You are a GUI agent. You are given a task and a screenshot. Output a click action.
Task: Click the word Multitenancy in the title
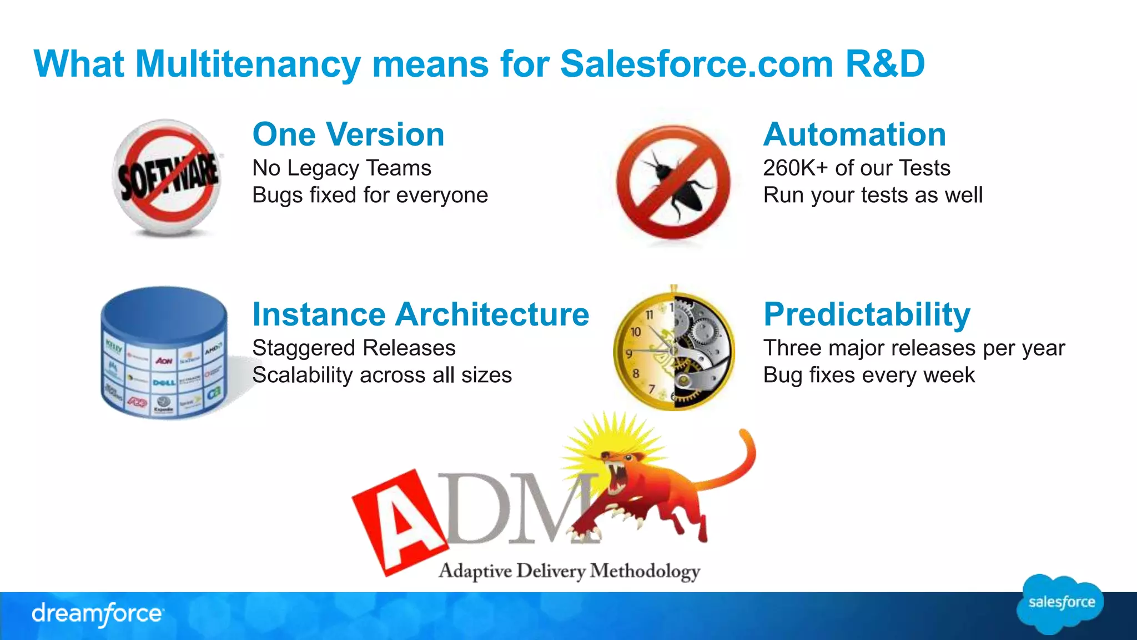pyautogui.click(x=248, y=64)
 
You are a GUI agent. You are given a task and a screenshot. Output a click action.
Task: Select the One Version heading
pyautogui.click(x=348, y=134)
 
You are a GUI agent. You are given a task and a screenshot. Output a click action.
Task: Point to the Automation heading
pyautogui.click(x=854, y=134)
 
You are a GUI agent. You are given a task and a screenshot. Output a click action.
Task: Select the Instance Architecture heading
pyautogui.click(x=420, y=314)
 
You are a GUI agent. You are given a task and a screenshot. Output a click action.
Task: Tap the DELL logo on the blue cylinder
pyautogui.click(x=164, y=382)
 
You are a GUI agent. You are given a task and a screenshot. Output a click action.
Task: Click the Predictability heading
pyautogui.click(x=867, y=314)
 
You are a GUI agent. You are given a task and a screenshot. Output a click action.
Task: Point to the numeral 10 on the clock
pyautogui.click(x=636, y=332)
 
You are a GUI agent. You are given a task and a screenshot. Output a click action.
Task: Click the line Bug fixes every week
pyautogui.click(x=869, y=375)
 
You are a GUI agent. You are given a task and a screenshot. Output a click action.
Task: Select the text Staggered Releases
pyautogui.click(x=354, y=348)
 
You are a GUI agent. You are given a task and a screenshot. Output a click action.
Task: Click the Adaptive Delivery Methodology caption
pyautogui.click(x=569, y=571)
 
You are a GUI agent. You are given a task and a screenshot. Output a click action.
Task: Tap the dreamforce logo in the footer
pyautogui.click(x=97, y=614)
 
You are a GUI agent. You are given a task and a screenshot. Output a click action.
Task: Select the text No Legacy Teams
pyautogui.click(x=341, y=168)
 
